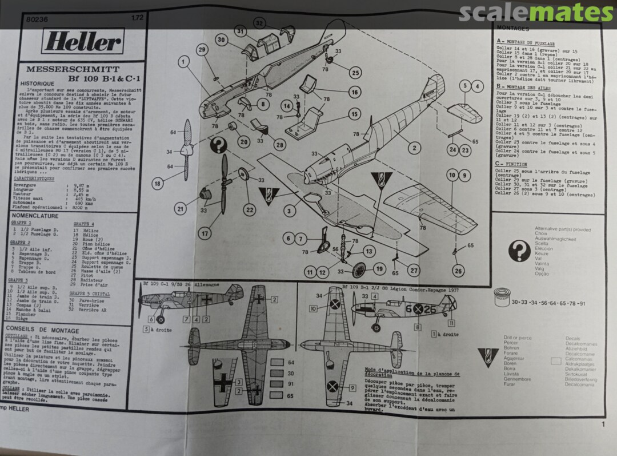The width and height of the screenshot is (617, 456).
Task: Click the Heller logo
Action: coord(83,41)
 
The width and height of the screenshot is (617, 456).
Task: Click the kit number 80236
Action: coord(38,18)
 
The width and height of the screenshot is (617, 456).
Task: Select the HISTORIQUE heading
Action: coord(37,83)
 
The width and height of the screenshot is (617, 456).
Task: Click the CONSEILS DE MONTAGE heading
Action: coord(42,330)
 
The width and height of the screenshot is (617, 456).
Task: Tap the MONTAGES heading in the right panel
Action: coord(513,28)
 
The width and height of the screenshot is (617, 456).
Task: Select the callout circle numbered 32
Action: coord(260,23)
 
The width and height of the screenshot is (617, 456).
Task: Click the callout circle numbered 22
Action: coord(250,209)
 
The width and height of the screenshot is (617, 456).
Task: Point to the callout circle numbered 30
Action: coord(222,39)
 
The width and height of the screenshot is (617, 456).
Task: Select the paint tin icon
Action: coord(501,302)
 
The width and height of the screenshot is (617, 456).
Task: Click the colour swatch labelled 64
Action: coord(277,362)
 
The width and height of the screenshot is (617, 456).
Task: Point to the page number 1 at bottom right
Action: coord(603,424)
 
